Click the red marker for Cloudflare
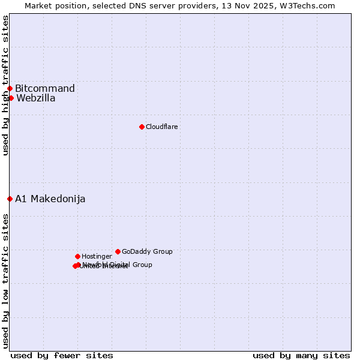tap(142, 127)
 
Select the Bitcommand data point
tap(10, 89)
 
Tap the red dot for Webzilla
tap(11, 98)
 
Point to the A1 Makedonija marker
tap(10, 199)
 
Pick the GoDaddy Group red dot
tap(118, 251)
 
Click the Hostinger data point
tap(77, 256)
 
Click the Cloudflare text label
tap(161, 127)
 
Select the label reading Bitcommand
tap(45, 89)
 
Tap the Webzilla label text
tap(36, 98)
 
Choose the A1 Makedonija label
tap(50, 199)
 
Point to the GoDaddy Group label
tap(147, 252)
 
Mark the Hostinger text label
tap(97, 257)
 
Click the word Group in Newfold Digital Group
tap(142, 265)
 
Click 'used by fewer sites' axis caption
tap(62, 355)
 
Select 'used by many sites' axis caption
tap(301, 355)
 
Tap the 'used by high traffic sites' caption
tap(5, 85)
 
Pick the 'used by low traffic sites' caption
tap(5, 281)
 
